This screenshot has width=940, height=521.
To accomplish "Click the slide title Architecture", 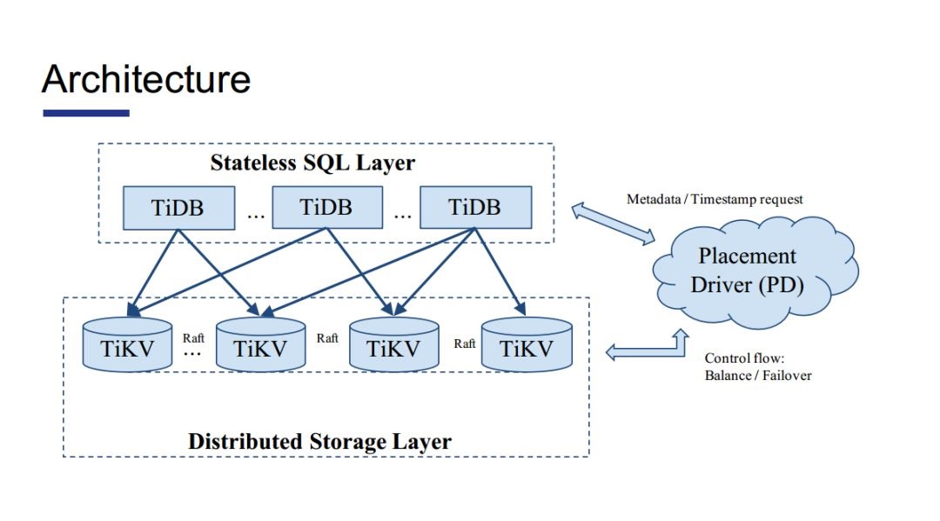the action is [x=146, y=79].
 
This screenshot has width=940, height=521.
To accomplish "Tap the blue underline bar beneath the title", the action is [x=86, y=112].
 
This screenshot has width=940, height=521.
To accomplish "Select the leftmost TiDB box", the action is [x=178, y=208].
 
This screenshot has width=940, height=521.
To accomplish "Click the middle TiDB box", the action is [x=327, y=207].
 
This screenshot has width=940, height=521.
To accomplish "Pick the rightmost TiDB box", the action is [x=475, y=207].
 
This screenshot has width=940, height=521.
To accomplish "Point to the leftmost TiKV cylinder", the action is [x=127, y=345].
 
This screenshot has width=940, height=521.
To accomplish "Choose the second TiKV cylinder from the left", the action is [x=261, y=345].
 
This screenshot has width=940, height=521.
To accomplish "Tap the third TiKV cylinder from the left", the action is [x=394, y=345].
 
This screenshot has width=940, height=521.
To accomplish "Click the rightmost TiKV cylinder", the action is [x=527, y=345].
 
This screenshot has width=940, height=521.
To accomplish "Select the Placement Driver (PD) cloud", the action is [x=754, y=272].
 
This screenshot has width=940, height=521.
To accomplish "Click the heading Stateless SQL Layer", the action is [x=312, y=163].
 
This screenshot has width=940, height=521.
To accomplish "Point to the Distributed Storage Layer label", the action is [x=319, y=442].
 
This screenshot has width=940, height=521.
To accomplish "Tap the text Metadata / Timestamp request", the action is [x=715, y=199].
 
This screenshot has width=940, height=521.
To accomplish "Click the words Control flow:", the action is [x=744, y=358].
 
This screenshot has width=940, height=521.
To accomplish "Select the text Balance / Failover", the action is [x=758, y=376].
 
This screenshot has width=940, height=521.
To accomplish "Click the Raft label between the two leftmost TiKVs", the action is [x=193, y=338].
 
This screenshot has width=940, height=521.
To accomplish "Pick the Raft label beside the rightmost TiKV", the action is [x=465, y=344].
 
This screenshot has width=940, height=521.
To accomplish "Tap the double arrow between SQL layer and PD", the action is [x=613, y=224].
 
